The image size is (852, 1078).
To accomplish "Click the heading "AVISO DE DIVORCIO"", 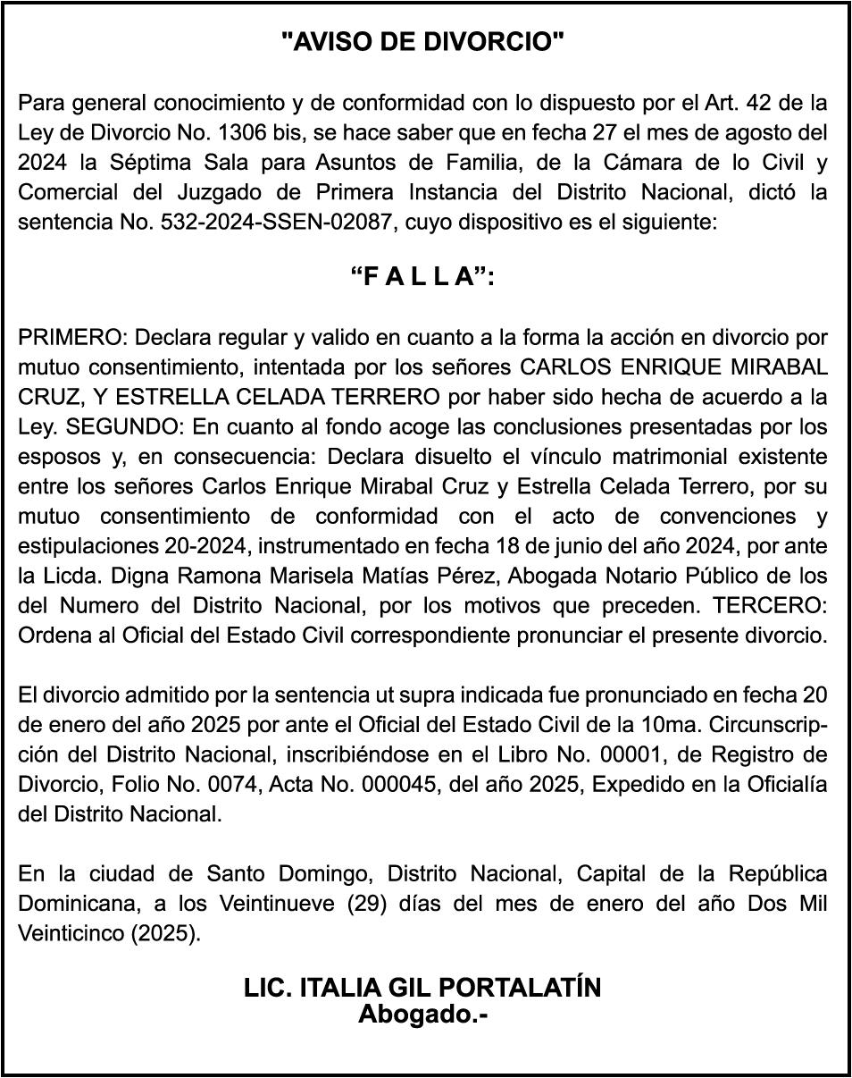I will click(423, 41).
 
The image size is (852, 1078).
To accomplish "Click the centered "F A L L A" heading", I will click(423, 277).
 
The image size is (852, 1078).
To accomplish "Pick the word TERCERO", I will click(770, 605).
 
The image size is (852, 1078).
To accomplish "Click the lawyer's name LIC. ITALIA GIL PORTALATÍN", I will click(423, 988).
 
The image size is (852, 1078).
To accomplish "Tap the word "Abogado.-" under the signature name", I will click(423, 1015).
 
